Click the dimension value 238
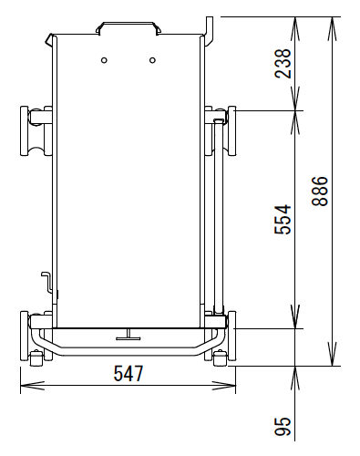tap(283, 64)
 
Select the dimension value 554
tap(283, 220)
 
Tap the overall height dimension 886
tap(320, 192)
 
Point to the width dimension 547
tap(129, 374)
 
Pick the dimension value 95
tap(283, 426)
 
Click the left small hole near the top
tap(104, 60)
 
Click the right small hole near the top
tap(152, 60)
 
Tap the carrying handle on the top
tap(128, 27)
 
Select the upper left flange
tap(25, 131)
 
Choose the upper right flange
tap(231, 131)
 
